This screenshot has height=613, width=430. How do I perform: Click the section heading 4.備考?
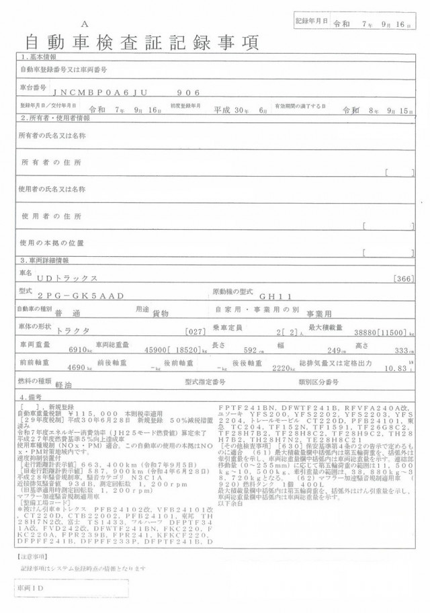click(x=32, y=397)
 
